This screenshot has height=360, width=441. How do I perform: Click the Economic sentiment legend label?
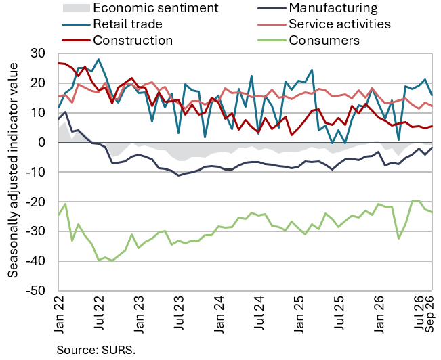tap(156, 8)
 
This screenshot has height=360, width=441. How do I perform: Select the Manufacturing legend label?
tap(333, 8)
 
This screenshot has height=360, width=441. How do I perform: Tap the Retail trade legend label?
tap(127, 24)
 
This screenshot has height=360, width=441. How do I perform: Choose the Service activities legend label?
tap(339, 24)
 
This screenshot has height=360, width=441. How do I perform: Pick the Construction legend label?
tap(133, 41)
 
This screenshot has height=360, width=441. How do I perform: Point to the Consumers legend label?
tap(324, 41)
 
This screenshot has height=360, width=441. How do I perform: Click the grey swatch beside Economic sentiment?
tap(77, 8)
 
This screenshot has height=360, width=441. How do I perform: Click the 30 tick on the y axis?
tap(38, 53)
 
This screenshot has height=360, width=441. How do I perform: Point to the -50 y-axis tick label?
tap(35, 290)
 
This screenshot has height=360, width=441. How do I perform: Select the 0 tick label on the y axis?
tap(41, 142)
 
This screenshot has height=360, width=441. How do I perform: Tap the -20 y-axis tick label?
tap(35, 202)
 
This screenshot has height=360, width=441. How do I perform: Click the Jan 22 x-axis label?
tap(60, 315)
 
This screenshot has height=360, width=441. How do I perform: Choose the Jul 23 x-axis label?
tap(179, 315)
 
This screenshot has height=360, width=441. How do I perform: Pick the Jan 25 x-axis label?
tap(299, 315)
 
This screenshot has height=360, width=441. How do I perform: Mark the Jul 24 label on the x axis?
tap(259, 315)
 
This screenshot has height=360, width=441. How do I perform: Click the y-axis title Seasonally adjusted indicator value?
tap(13, 171)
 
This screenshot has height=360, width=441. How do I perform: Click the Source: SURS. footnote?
tap(96, 350)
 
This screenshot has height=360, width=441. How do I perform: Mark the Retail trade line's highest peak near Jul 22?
tap(98, 59)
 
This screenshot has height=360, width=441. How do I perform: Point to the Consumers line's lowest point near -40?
tap(112, 261)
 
